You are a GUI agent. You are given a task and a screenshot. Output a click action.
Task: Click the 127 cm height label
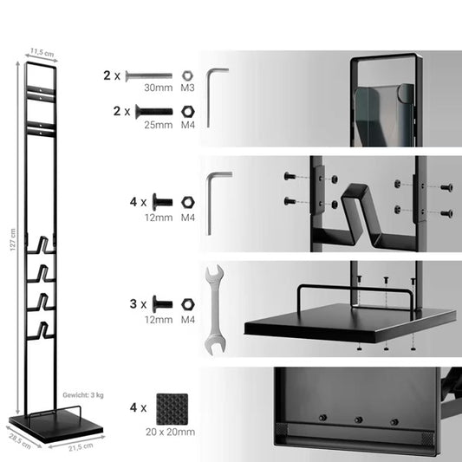click(13, 239)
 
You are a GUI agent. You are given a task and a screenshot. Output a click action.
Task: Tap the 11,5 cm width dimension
click(42, 53)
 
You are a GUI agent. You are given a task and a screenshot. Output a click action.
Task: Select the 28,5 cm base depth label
click(20, 441)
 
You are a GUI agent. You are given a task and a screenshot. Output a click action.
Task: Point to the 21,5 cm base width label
click(81, 446)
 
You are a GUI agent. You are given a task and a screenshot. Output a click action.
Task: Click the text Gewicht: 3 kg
click(83, 395)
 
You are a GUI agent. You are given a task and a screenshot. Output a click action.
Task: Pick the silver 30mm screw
click(149, 76)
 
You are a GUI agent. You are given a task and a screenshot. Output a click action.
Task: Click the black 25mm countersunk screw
click(153, 112)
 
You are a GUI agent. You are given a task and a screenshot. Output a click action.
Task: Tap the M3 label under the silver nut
click(187, 88)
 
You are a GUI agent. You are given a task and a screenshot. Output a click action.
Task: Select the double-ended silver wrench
click(215, 309)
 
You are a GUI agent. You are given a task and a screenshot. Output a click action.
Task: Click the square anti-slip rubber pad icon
click(172, 409)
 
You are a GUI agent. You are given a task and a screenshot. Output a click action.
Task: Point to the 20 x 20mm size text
click(170, 432)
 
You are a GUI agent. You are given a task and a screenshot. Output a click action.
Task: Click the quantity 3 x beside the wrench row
click(138, 304)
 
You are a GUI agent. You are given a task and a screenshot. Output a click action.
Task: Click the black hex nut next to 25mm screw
click(188, 112)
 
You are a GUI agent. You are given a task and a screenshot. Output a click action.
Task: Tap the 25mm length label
click(159, 125)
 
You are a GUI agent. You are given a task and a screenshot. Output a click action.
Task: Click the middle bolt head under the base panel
click(358, 420)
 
